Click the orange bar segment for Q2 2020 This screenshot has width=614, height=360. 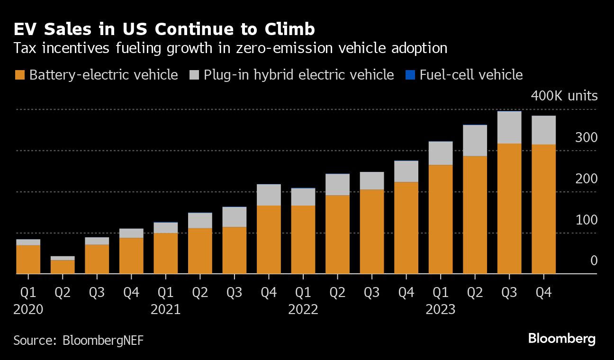63,267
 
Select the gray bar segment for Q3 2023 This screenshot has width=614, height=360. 509,127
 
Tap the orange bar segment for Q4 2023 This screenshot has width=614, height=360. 543,209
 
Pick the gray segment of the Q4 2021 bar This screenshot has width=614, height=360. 269,195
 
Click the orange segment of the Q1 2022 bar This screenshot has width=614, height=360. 303,239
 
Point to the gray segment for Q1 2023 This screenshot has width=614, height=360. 441,153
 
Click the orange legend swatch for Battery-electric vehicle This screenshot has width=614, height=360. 20,75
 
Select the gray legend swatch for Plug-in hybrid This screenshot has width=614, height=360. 194,75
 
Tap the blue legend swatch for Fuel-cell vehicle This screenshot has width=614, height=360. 410,75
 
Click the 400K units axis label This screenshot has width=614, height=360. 564,96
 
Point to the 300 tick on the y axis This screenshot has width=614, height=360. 587,138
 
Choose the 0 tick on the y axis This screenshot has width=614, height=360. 594,261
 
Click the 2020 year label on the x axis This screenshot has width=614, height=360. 28,310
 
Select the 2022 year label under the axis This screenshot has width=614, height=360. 303,310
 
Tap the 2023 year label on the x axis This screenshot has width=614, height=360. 441,310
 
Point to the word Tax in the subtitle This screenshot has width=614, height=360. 25,48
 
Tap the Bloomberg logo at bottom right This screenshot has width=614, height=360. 561,339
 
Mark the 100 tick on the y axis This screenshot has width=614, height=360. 587,220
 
